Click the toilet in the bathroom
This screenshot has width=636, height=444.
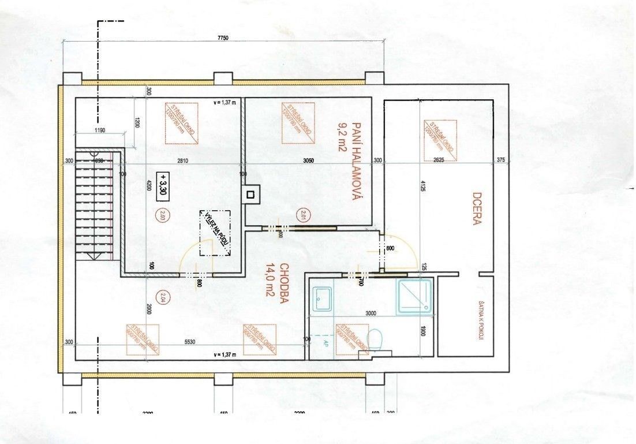pos(376,339)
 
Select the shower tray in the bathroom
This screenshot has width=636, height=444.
pos(415,297)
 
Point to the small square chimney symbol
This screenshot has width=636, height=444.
pos(250,195)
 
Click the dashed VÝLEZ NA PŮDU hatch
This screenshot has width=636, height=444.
pos(215,233)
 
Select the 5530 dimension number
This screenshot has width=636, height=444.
pos(191,342)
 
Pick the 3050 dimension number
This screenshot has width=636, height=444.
pos(308,161)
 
